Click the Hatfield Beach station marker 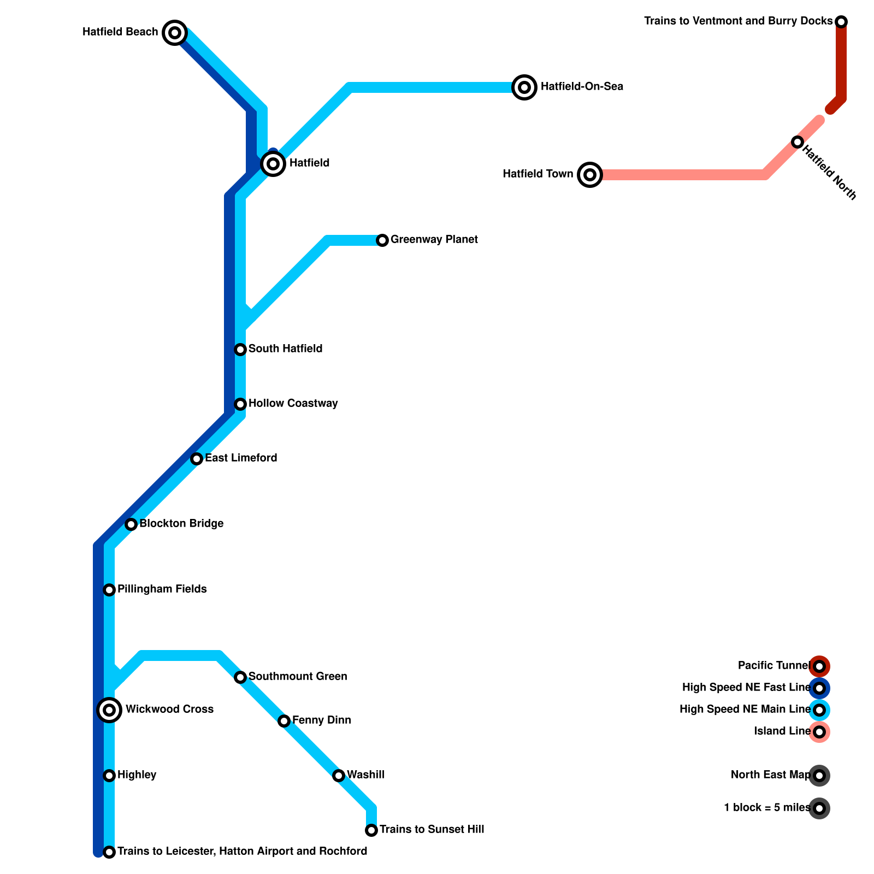175,33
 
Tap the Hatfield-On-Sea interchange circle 524,87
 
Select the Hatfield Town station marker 590,175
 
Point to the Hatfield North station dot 798,142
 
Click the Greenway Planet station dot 382,240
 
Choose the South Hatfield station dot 240,350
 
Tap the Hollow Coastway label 293,404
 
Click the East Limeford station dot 197,459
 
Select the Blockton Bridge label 181,524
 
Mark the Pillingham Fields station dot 109,590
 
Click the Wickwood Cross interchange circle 109,710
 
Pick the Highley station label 137,775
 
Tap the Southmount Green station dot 240,677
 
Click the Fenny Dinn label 321,721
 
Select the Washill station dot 339,776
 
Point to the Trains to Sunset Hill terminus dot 371,830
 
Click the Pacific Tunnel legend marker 819,666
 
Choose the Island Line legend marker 819,732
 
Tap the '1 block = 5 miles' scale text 767,808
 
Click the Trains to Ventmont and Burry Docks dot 841,22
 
